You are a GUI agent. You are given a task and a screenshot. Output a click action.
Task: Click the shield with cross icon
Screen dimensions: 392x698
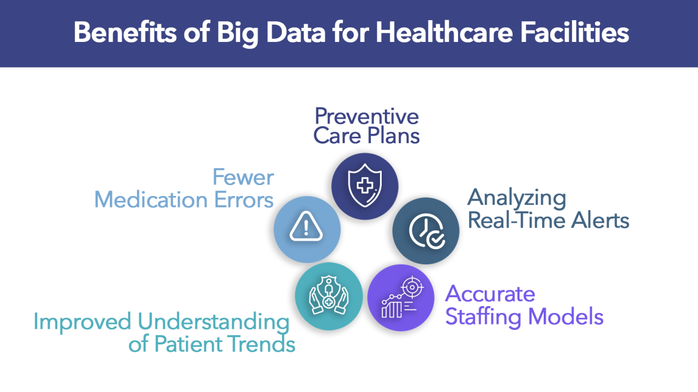pyautogui.click(x=365, y=186)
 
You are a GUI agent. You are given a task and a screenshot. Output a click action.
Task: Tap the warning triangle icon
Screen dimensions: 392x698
pyautogui.click(x=307, y=229)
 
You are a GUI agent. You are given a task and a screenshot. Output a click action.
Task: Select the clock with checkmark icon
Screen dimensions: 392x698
pyautogui.click(x=426, y=231)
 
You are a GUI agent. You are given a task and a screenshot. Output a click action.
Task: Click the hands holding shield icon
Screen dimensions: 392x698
pyautogui.click(x=328, y=297)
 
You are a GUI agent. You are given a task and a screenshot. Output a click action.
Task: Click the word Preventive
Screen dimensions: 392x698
pyautogui.click(x=367, y=116)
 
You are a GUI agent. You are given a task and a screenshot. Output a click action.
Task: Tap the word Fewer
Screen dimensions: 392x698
pyautogui.click(x=243, y=177)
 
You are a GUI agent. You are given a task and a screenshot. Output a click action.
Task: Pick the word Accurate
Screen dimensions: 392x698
pyautogui.click(x=490, y=294)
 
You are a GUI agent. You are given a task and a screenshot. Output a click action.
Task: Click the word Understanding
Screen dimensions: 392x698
pyautogui.click(x=213, y=322)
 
